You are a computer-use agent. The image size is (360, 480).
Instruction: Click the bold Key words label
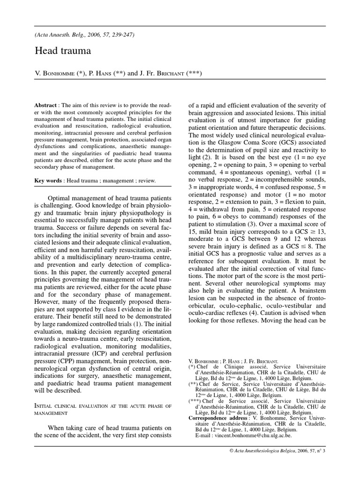click(48, 181)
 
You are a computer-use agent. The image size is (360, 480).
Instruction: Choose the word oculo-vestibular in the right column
click(269, 306)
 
